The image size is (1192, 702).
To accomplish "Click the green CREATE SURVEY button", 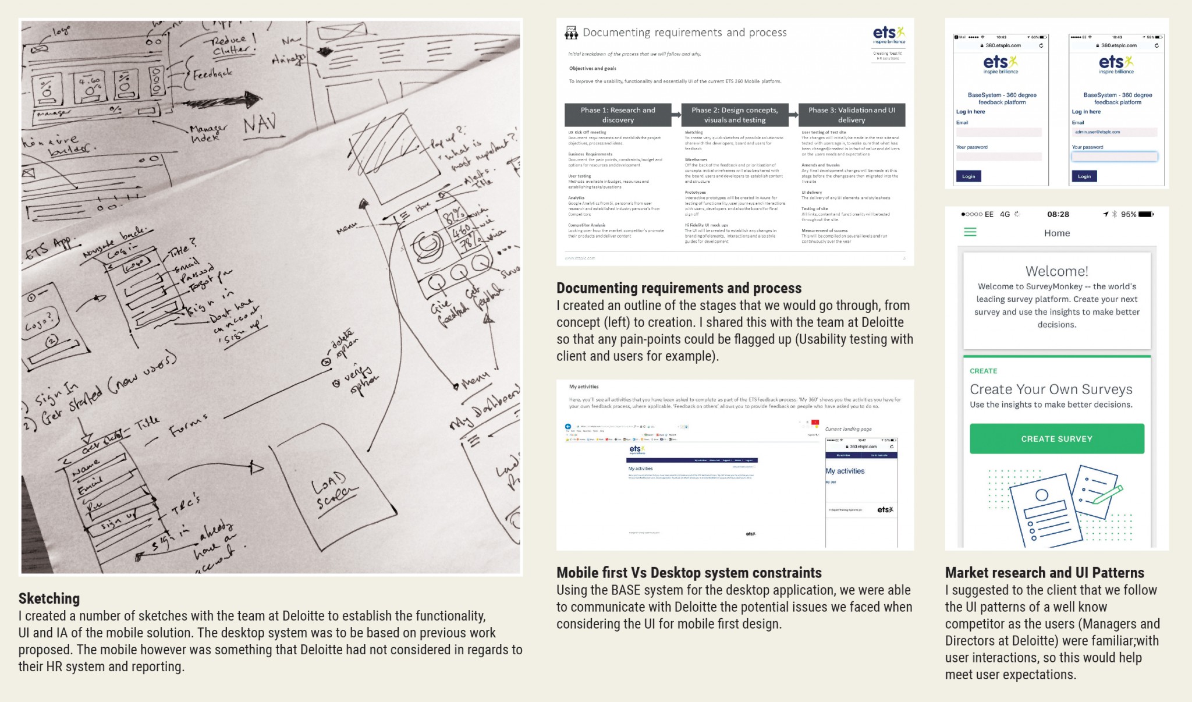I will click(1056, 439).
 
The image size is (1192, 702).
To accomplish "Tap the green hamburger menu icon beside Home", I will click(970, 232).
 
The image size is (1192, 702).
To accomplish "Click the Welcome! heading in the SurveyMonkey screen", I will click(1056, 271).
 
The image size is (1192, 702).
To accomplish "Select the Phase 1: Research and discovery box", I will click(618, 115).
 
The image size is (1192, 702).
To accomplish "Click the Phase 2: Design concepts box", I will click(735, 115).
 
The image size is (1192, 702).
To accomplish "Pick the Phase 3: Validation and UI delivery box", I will click(852, 115).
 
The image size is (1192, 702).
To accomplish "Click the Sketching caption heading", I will click(49, 598).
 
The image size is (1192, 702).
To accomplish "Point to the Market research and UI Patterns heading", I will click(1044, 573).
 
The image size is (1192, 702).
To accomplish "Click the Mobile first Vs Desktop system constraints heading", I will click(689, 573).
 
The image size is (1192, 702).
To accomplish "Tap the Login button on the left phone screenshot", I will click(968, 176).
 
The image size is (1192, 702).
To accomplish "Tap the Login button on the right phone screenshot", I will click(1084, 176).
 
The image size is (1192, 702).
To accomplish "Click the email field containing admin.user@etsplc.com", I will click(1114, 132).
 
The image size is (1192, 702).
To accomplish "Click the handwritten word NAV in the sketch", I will click(259, 124).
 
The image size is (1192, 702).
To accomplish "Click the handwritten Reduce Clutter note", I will click(231, 45).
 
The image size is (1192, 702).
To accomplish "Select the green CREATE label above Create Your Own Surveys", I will click(983, 371).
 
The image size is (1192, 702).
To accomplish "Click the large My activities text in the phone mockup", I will click(845, 471).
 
